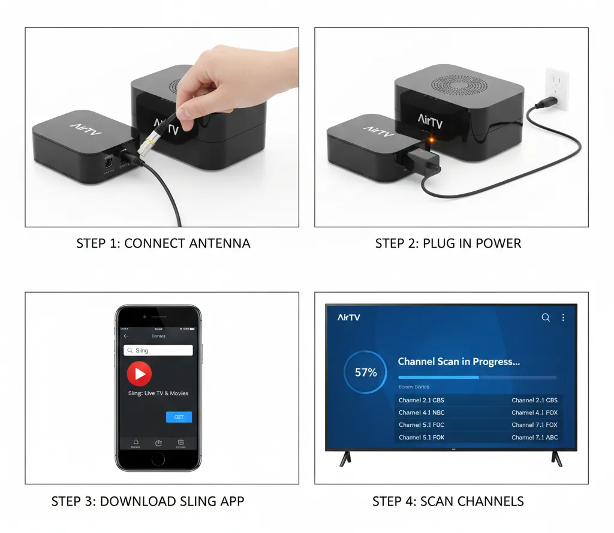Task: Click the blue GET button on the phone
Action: pos(179,417)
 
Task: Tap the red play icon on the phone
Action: pos(139,374)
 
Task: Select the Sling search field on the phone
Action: pos(158,351)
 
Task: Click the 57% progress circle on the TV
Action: pos(366,373)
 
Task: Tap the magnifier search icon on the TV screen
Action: pos(546,318)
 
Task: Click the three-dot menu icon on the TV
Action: pos(563,318)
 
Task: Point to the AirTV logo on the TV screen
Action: pos(349,317)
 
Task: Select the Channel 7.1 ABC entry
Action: pos(534,437)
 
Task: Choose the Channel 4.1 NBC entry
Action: pos(422,412)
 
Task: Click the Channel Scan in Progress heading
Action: pos(459,362)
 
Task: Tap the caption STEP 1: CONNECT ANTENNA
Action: pos(163,243)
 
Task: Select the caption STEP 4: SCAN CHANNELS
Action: pos(448,501)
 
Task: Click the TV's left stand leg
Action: pos(345,459)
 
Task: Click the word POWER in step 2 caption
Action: pos(498,243)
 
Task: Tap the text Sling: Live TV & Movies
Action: pos(158,393)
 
